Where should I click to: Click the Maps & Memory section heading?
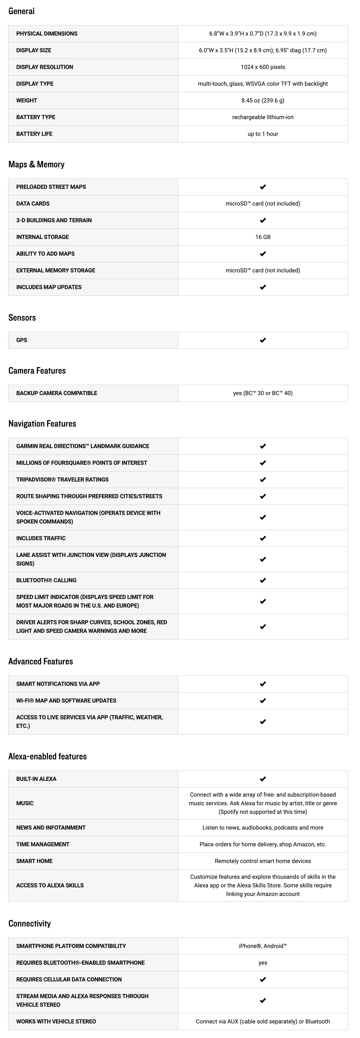pos(36,164)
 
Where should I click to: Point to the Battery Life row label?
pos(34,134)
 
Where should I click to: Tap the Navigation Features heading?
pos(42,424)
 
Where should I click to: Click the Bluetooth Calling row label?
pos(46,580)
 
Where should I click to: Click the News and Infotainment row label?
pos(51,828)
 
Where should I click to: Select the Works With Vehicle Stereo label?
pos(56,1022)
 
